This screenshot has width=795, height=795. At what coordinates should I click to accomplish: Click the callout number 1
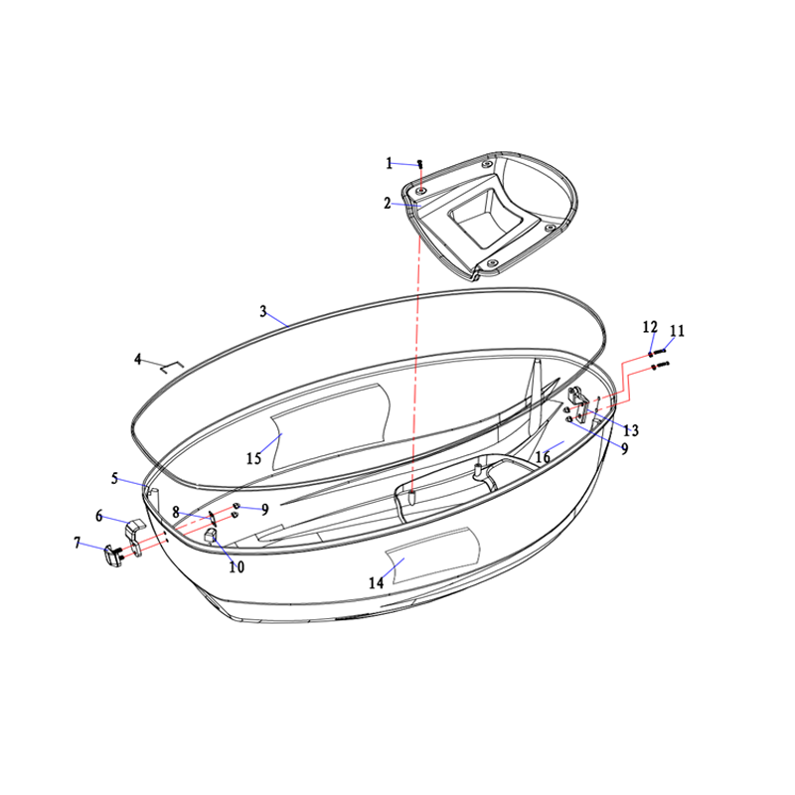[x=389, y=163]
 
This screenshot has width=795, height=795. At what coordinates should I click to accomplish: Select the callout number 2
[x=388, y=204]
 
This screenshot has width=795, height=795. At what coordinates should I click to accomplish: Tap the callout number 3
[x=263, y=311]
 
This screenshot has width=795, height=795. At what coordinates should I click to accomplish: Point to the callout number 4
[x=138, y=359]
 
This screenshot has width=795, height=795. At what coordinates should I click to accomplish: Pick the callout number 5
[x=115, y=478]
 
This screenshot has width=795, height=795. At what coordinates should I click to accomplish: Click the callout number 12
[x=650, y=327]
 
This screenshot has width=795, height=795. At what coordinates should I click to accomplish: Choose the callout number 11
[x=678, y=331]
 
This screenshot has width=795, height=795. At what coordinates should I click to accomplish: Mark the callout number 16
[x=543, y=457]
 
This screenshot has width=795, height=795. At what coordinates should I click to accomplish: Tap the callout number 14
[x=377, y=583]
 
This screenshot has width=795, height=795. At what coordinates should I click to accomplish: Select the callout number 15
[x=254, y=458]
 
